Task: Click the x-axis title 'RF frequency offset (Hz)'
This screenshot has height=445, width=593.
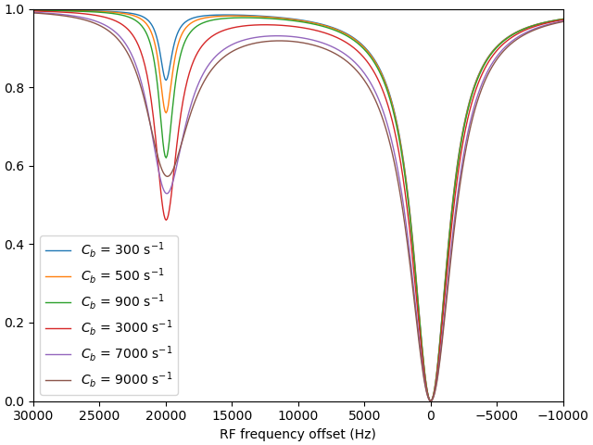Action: coord(297,434)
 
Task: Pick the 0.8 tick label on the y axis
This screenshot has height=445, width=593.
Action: coord(15,88)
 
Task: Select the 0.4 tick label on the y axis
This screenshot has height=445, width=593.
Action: coord(15,245)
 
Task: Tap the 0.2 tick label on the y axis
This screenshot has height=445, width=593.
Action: coord(15,324)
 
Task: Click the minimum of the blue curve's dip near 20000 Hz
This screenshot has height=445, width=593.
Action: coord(166,80)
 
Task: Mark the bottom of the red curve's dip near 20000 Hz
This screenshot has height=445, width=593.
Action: coord(167,220)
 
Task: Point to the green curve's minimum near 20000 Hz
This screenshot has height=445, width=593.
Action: coord(166,158)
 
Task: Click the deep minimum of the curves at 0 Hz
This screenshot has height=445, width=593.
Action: coord(430,400)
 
